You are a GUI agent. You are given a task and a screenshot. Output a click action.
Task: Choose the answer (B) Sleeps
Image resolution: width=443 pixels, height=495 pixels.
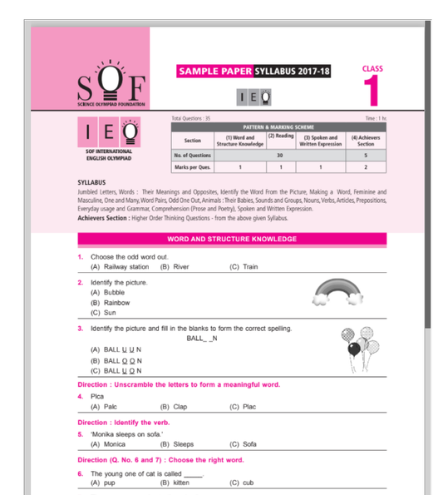click(x=176, y=444)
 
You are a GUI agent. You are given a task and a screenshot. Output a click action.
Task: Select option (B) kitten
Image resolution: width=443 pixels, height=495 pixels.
click(x=176, y=482)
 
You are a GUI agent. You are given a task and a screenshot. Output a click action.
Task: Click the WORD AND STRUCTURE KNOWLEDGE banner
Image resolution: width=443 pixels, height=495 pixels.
click(x=232, y=239)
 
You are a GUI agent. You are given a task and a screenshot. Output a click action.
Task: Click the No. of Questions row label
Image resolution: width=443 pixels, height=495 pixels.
click(x=193, y=155)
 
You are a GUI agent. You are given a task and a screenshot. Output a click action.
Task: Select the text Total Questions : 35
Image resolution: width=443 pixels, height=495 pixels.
click(x=191, y=119)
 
